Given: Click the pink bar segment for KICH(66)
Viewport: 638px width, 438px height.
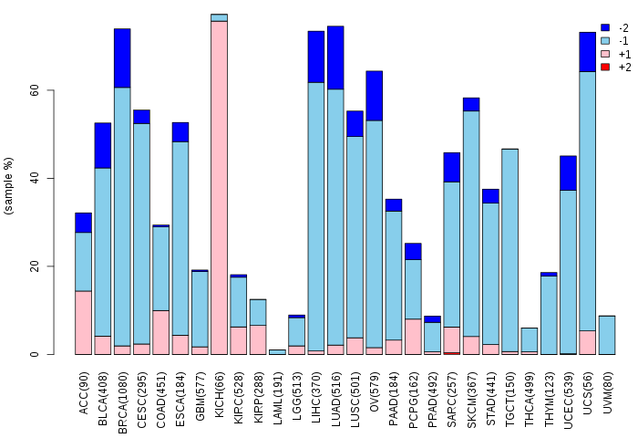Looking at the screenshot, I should click(x=219, y=187).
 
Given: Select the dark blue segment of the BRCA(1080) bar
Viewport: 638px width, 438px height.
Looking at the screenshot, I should click(x=122, y=57).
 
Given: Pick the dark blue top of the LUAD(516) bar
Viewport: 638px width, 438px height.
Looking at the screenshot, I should click(x=335, y=57).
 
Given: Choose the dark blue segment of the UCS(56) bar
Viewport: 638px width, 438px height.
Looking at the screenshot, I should click(x=588, y=51).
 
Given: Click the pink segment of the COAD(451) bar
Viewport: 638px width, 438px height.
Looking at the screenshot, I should click(x=160, y=332).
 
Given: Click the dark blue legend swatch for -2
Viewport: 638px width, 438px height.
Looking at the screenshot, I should click(x=605, y=28).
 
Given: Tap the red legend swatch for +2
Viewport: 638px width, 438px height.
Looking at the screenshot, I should click(x=605, y=67).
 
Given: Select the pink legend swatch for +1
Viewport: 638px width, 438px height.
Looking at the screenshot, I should click(x=605, y=54).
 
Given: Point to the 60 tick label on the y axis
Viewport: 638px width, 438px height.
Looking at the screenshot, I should click(x=59, y=91).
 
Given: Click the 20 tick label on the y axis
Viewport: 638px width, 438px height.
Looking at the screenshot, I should click(x=59, y=266).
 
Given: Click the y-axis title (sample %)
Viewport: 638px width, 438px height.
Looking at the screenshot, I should click(x=9, y=186).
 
